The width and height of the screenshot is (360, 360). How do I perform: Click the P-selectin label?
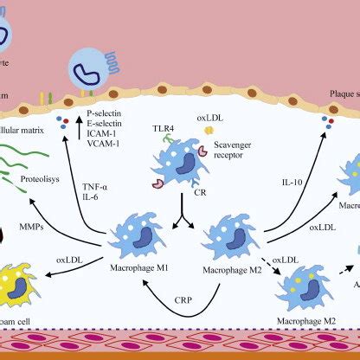click(107, 113)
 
